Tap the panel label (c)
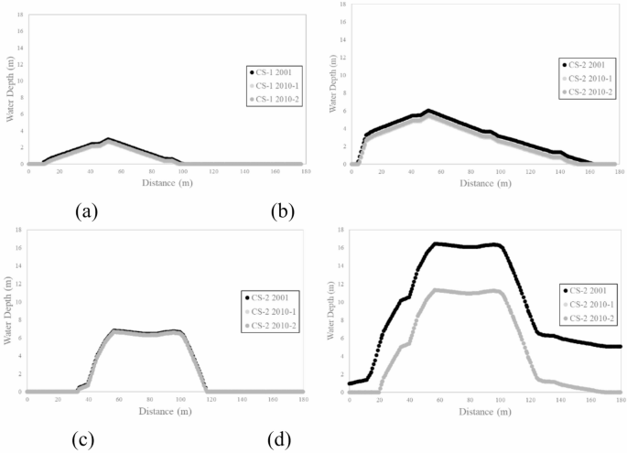point(84,439)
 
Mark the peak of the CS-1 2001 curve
point(108,139)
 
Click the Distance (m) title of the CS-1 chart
point(167,183)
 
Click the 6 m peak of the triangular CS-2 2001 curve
point(427,111)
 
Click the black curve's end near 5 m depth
point(620,347)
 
